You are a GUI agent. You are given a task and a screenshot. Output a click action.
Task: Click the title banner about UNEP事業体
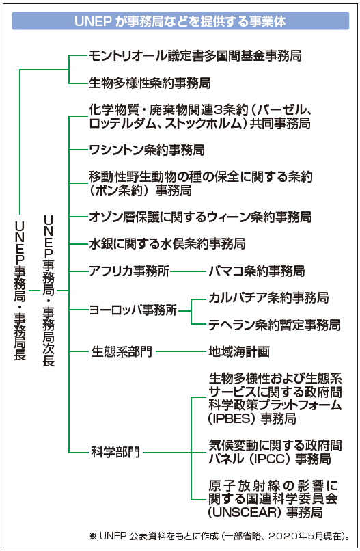[x=180, y=21]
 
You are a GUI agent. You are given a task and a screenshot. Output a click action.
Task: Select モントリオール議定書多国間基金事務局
[x=195, y=55]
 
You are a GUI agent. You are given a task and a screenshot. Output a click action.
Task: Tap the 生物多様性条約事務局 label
[x=150, y=83]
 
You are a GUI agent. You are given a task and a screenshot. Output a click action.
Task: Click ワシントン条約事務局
[x=146, y=150]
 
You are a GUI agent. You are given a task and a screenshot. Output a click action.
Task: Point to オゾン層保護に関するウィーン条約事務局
[x=200, y=217]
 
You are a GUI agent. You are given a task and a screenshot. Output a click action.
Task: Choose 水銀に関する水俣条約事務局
[x=167, y=243]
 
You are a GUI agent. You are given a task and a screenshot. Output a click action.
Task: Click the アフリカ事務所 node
[x=129, y=271]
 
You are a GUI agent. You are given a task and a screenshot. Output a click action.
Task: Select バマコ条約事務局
[x=257, y=271]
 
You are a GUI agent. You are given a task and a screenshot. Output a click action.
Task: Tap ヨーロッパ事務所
[x=133, y=310]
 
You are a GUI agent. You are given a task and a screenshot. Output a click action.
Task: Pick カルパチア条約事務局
[x=268, y=297]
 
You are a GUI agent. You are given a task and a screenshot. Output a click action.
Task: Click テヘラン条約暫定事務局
[x=275, y=325]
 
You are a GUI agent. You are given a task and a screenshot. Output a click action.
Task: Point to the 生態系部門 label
[x=122, y=351]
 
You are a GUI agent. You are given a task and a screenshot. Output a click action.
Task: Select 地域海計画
[x=239, y=351]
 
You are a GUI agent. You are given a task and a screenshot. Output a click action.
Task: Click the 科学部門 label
[x=115, y=452]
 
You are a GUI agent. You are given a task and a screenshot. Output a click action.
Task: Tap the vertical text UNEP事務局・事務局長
[x=20, y=290]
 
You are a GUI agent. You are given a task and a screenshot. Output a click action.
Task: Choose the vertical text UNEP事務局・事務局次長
[x=49, y=291]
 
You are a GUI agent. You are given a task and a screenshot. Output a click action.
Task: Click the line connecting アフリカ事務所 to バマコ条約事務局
[x=189, y=271]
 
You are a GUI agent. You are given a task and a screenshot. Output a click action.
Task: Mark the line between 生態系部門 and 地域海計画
[x=181, y=351]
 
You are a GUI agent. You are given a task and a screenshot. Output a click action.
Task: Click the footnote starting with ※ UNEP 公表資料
[x=220, y=536]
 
